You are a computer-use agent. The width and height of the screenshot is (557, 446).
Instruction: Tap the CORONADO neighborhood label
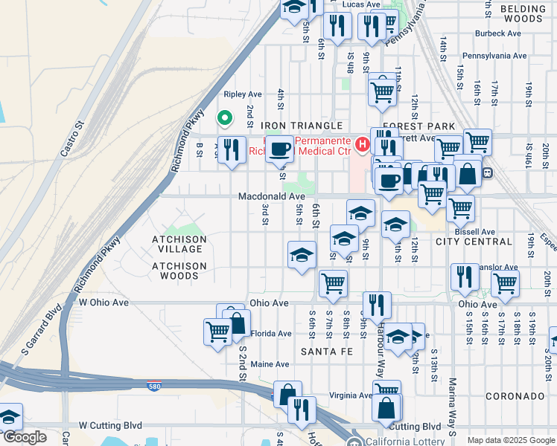click(515, 396)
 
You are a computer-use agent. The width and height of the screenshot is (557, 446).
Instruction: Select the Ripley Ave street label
click(244, 94)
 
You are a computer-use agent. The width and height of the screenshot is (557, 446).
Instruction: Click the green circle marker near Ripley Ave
click(223, 117)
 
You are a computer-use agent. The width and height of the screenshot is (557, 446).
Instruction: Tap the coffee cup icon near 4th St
click(280, 149)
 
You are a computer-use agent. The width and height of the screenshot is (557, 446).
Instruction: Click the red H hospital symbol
click(363, 143)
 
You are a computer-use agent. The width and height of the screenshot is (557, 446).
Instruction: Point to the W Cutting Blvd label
click(110, 426)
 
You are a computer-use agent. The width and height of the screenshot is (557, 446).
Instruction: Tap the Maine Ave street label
click(270, 364)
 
